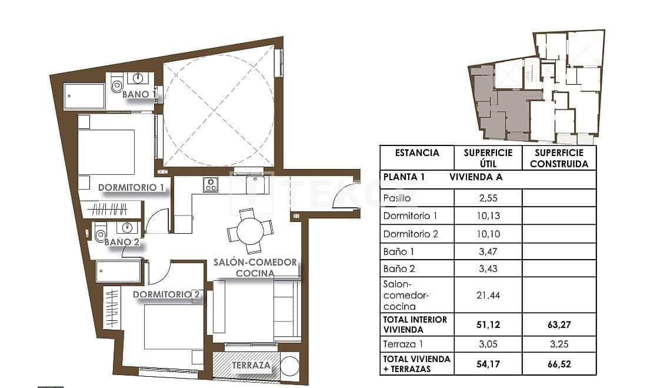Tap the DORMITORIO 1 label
tap(131, 188)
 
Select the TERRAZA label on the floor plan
tap(251, 366)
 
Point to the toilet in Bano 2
tap(99, 235)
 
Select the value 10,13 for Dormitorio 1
tap(488, 215)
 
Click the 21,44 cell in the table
tap(488, 295)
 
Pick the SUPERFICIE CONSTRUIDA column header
tap(559, 158)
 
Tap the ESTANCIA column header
tap(417, 153)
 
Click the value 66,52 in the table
tap(559, 364)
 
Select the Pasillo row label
tap(397, 198)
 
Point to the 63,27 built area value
tap(559, 323)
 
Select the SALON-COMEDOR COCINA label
tap(255, 268)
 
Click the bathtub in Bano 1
tap(84, 96)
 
